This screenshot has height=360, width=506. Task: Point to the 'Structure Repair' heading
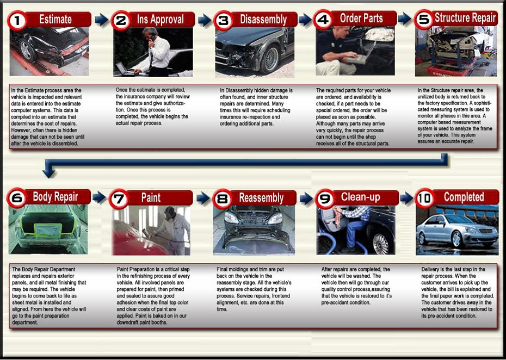[465, 18]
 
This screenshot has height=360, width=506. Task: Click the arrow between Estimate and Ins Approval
[102, 20]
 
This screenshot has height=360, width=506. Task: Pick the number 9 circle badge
[325, 198]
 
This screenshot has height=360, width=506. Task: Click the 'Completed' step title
[464, 197]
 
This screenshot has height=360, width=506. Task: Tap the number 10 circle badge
[424, 198]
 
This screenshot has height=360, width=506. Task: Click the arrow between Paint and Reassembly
[203, 198]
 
